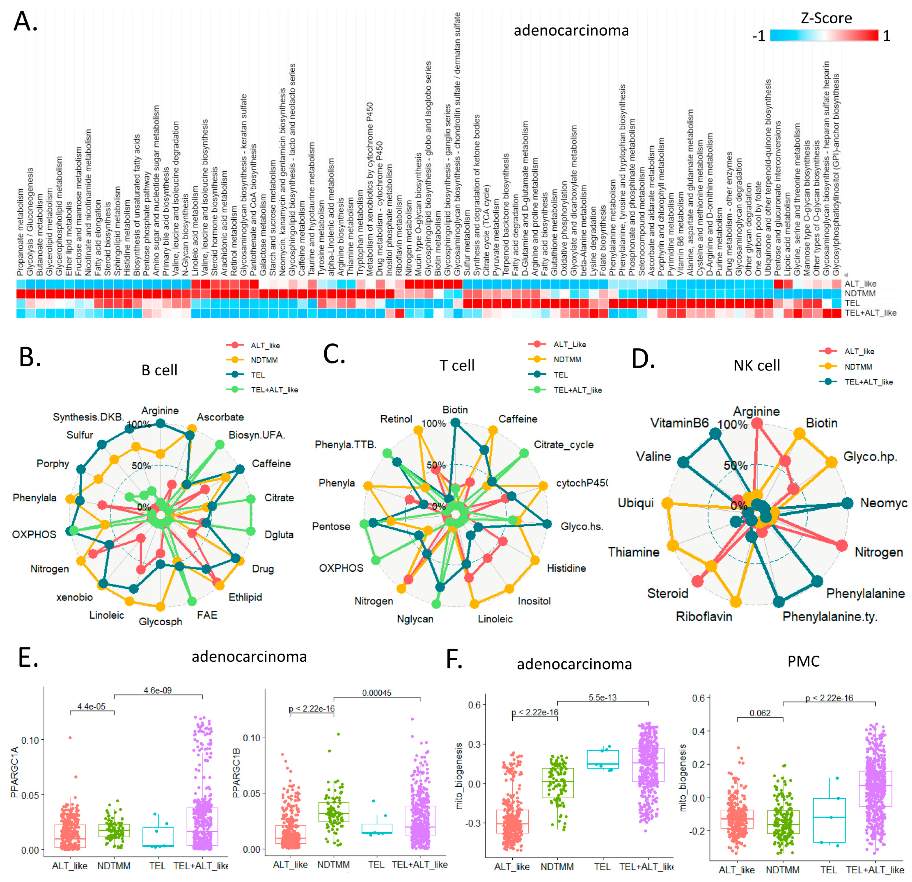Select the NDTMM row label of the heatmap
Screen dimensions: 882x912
click(x=860, y=293)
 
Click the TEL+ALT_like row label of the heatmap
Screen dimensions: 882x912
click(x=870, y=313)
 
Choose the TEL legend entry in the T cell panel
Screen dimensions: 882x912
click(x=560, y=375)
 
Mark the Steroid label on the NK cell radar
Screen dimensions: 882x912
click(x=667, y=593)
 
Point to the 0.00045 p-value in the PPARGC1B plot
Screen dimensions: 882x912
click(x=376, y=693)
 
